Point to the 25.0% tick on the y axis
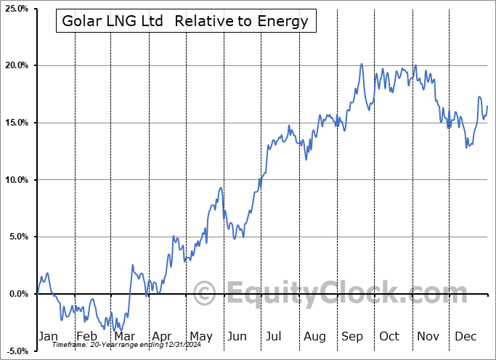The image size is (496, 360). [x=16, y=9]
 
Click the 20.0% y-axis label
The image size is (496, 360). [x=16, y=65]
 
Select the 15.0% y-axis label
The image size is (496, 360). [x=16, y=123]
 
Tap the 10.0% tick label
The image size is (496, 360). [x=16, y=180]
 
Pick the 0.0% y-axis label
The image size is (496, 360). [x=17, y=294]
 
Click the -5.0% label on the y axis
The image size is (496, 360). [x=16, y=351]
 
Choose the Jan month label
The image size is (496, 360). [x=47, y=336]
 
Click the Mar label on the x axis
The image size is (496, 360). [x=124, y=336]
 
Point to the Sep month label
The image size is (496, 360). [x=352, y=336]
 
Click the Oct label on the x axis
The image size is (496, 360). [x=390, y=336]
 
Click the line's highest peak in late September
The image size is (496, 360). [x=361, y=64]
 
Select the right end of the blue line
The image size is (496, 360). [x=487, y=106]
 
